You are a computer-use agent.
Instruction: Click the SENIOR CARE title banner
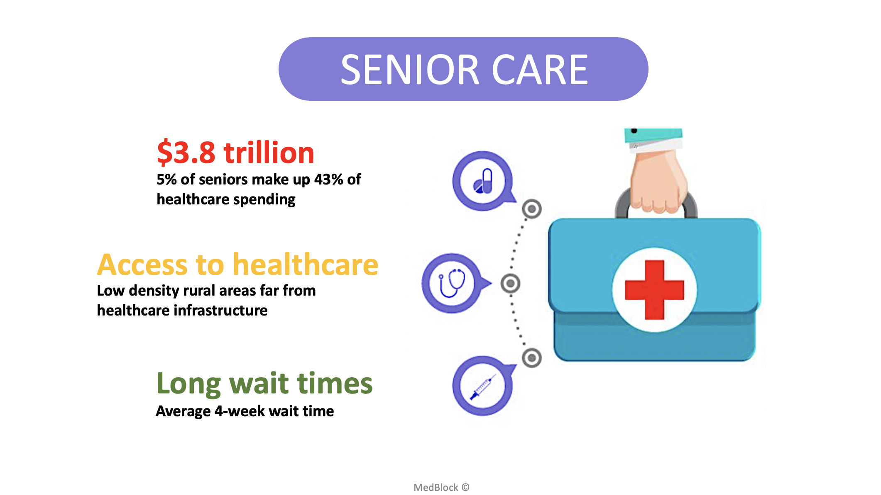[x=463, y=69]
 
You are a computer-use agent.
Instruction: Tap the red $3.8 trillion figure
[x=235, y=153]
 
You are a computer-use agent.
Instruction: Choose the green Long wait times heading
[x=264, y=383]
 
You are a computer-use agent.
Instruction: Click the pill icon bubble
[x=483, y=181]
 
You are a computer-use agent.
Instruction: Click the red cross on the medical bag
[x=654, y=290]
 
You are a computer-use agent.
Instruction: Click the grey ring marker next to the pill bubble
[x=532, y=209]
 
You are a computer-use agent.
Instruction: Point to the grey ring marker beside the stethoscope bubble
[x=510, y=284]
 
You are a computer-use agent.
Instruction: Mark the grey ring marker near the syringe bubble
[x=532, y=358]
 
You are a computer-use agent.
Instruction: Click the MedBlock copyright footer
[x=441, y=487]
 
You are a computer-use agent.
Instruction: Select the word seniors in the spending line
[x=223, y=179]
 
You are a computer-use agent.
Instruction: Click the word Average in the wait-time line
[x=183, y=411]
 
